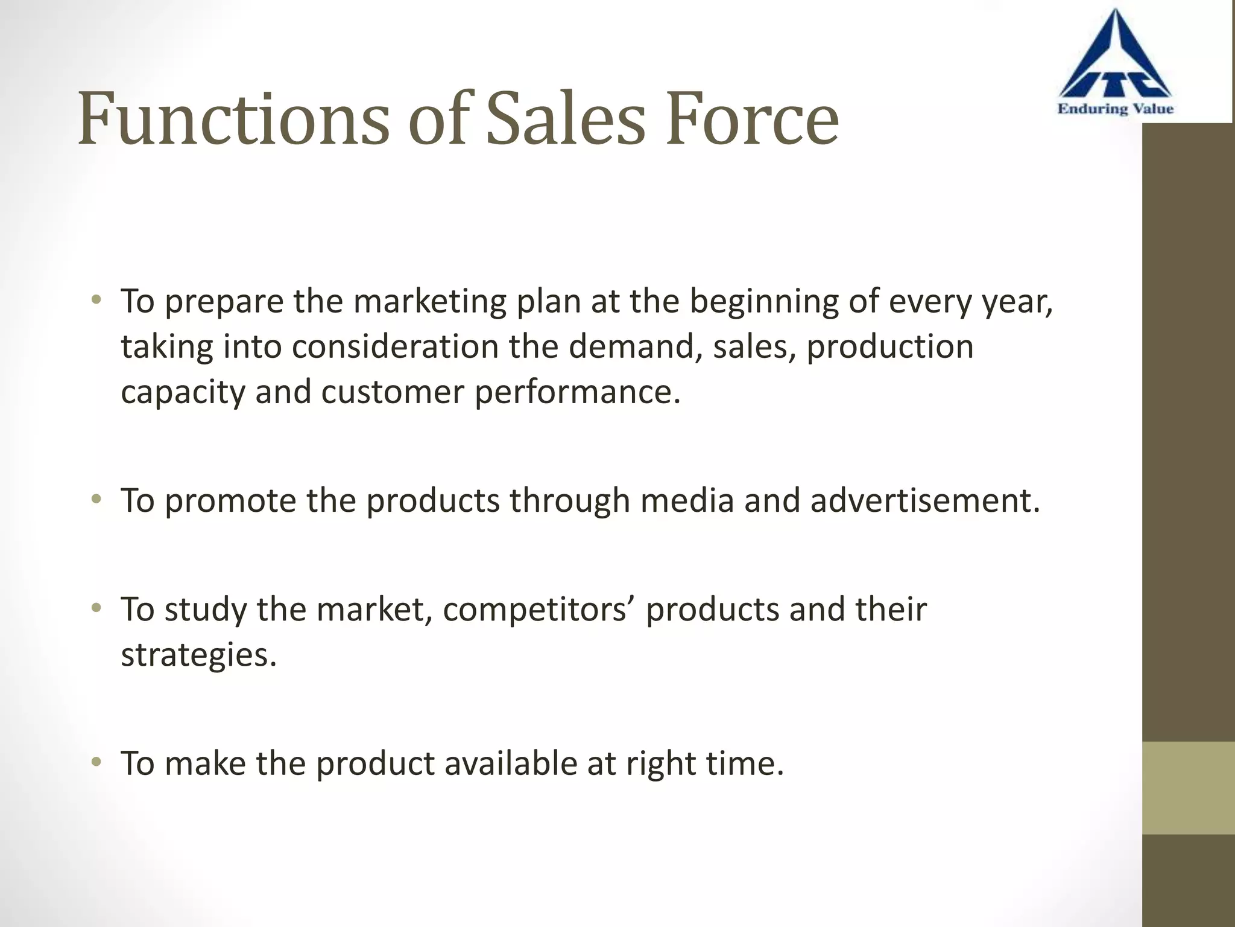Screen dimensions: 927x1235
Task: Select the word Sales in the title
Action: tap(565, 119)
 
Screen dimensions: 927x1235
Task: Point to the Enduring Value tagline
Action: tap(1115, 109)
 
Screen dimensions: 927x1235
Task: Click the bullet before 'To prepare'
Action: tap(96, 299)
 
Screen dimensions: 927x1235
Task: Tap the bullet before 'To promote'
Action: tap(96, 499)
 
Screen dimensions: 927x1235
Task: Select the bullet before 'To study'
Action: tap(96, 608)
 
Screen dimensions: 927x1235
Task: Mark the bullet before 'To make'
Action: tap(96, 762)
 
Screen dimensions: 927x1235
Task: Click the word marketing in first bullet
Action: tap(429, 301)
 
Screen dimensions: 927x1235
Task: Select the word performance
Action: tap(577, 393)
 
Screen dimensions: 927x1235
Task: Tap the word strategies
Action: tap(198, 655)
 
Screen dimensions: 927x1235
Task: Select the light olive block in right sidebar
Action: tap(1188, 788)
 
